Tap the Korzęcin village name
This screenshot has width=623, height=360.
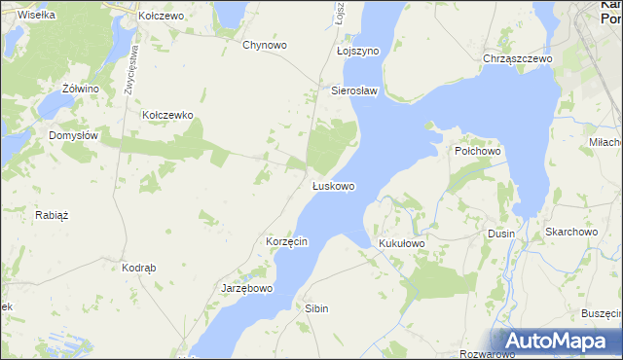(x=287, y=241)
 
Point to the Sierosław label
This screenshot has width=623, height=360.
(x=354, y=90)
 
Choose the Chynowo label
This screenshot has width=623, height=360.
(x=264, y=45)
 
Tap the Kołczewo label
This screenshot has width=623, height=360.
(x=161, y=17)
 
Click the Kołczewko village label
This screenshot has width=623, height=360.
(x=168, y=115)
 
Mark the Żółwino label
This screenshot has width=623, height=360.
(x=81, y=89)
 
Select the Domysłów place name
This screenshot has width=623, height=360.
(x=73, y=136)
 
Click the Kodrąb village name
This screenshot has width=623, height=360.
(x=139, y=267)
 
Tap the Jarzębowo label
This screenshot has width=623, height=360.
(x=248, y=289)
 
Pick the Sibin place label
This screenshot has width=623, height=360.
(x=317, y=307)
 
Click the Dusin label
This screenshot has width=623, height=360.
(x=501, y=234)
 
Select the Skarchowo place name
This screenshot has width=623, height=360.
(x=570, y=232)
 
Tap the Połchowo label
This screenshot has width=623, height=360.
(x=477, y=152)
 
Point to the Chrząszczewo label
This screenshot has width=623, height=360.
(x=518, y=58)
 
